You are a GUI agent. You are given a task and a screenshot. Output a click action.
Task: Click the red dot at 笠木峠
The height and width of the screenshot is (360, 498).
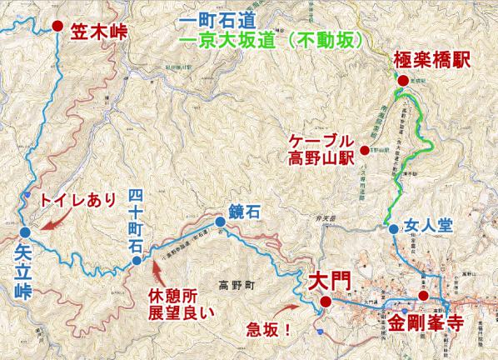57,26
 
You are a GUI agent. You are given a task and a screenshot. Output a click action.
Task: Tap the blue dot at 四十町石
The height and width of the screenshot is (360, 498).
137,262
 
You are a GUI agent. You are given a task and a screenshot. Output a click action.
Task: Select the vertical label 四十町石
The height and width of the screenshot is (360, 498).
137,220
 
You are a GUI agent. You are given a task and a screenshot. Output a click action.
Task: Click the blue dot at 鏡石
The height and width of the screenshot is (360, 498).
219,222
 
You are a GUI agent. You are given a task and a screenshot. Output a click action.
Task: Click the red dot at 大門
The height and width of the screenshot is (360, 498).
325,302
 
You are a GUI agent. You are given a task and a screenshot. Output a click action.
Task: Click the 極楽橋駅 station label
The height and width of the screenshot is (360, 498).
443,60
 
